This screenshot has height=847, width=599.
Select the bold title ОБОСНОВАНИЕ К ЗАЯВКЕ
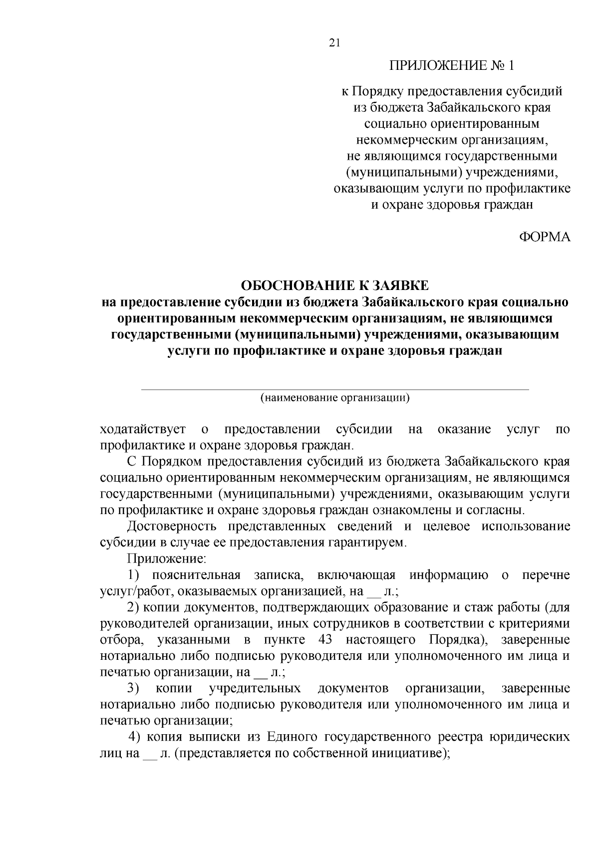[334, 285]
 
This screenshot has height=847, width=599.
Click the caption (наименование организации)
[334, 398]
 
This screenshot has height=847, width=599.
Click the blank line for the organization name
[334, 388]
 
